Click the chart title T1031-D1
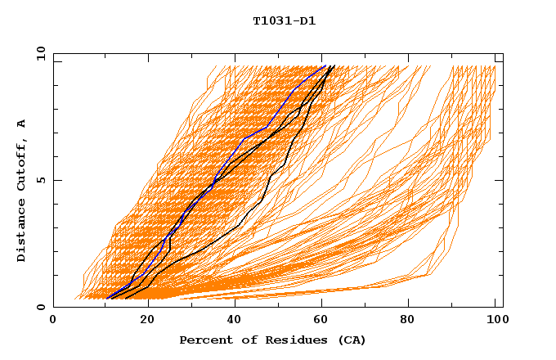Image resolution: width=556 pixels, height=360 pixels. click(x=284, y=21)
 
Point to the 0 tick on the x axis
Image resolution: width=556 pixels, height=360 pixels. click(x=54, y=320)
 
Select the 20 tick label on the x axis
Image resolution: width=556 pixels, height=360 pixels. click(x=147, y=320)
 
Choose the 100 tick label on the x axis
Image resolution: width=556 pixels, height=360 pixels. click(x=495, y=320)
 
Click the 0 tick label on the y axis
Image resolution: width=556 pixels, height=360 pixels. click(x=42, y=308)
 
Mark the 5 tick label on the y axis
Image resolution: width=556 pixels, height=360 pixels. click(x=42, y=180)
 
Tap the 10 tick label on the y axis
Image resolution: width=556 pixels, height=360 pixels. click(x=38, y=53)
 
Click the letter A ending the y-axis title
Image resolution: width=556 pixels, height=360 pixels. click(x=22, y=123)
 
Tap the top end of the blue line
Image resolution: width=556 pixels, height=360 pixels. click(x=325, y=65)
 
